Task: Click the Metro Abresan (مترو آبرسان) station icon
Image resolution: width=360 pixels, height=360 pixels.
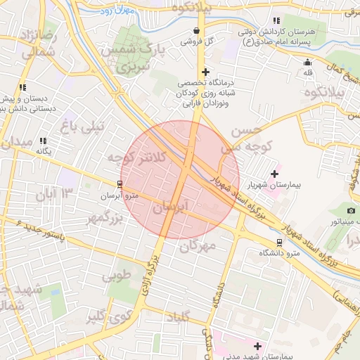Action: click(x=119, y=184)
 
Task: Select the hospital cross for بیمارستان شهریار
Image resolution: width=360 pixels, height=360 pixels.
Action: click(x=274, y=174)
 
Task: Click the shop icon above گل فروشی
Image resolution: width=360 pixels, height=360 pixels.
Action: click(x=197, y=31)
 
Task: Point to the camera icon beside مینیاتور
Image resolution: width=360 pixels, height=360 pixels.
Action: click(x=351, y=211)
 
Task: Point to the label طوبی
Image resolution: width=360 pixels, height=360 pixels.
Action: click(x=117, y=275)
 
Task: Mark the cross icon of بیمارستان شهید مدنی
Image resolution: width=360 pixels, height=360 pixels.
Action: click(x=257, y=346)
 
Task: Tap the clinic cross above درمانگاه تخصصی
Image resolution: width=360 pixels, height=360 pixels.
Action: click(x=205, y=72)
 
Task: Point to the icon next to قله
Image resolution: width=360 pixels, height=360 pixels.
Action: click(x=307, y=61)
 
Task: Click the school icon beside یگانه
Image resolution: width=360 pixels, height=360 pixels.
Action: click(x=44, y=141)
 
